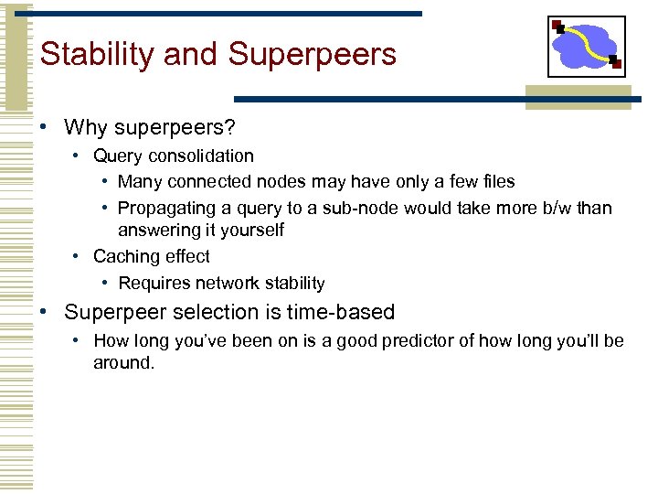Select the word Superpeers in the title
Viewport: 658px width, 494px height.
pyautogui.click(x=313, y=55)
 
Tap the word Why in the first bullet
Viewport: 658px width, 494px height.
pyautogui.click(x=86, y=127)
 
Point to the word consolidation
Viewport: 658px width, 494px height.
pyautogui.click(x=203, y=156)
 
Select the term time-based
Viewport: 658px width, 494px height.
pyautogui.click(x=341, y=313)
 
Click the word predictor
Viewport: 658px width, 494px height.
pyautogui.click(x=439, y=341)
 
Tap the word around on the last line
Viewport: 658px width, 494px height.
pyautogui.click(x=122, y=363)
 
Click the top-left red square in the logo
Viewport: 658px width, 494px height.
pyautogui.click(x=557, y=25)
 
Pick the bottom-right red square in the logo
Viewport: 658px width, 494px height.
pyautogui.click(x=616, y=64)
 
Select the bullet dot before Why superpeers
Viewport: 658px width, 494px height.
pyautogui.click(x=43, y=127)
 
